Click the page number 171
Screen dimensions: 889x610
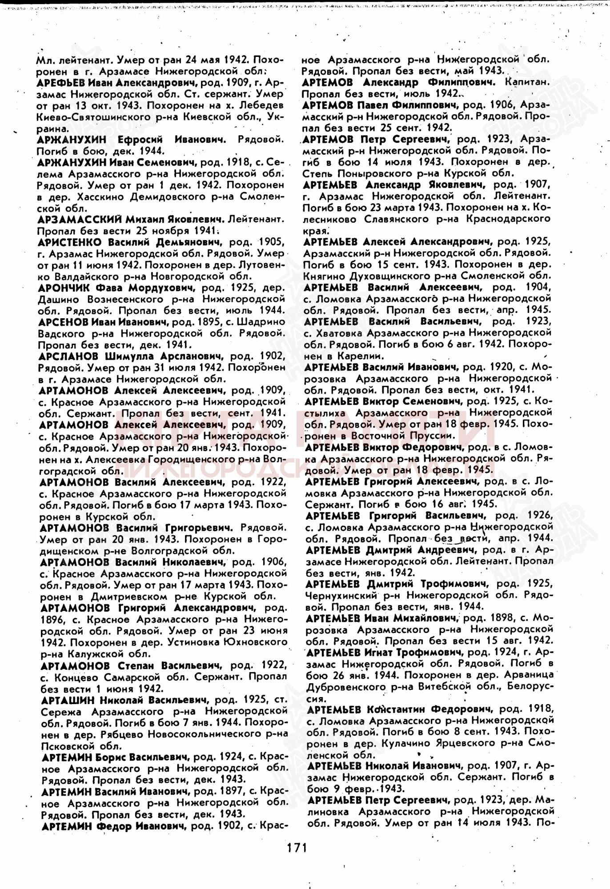(x=297, y=848)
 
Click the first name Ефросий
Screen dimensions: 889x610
(x=140, y=140)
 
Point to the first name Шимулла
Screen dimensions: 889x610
(x=129, y=356)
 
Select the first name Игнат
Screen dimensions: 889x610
(x=377, y=653)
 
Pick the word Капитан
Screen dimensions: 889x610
(x=527, y=83)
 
